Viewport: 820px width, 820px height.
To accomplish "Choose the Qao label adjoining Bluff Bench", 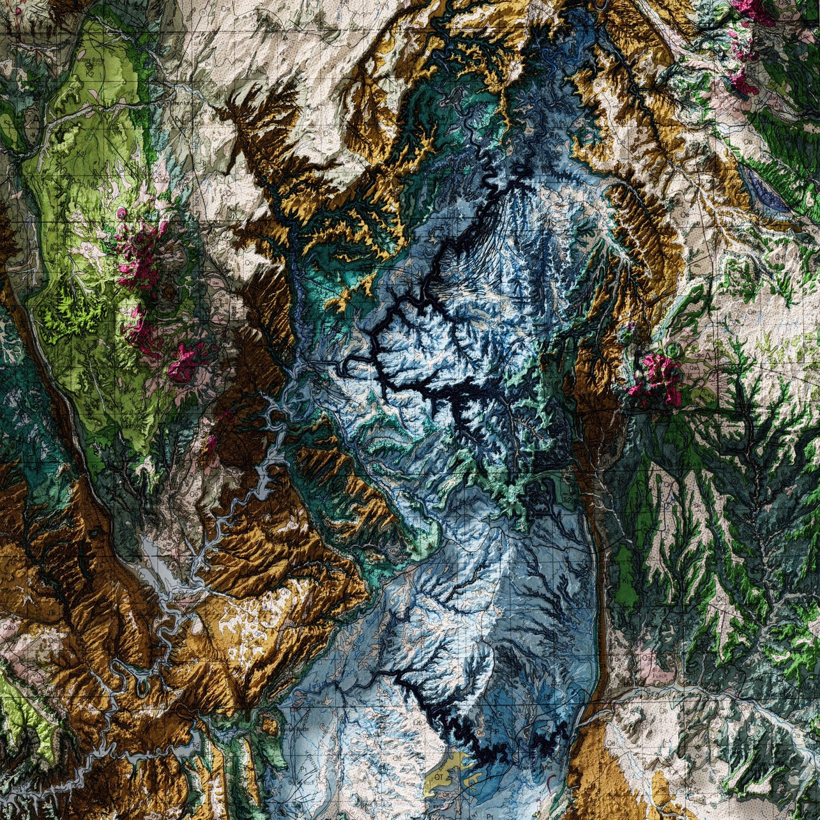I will coord(649,658).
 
